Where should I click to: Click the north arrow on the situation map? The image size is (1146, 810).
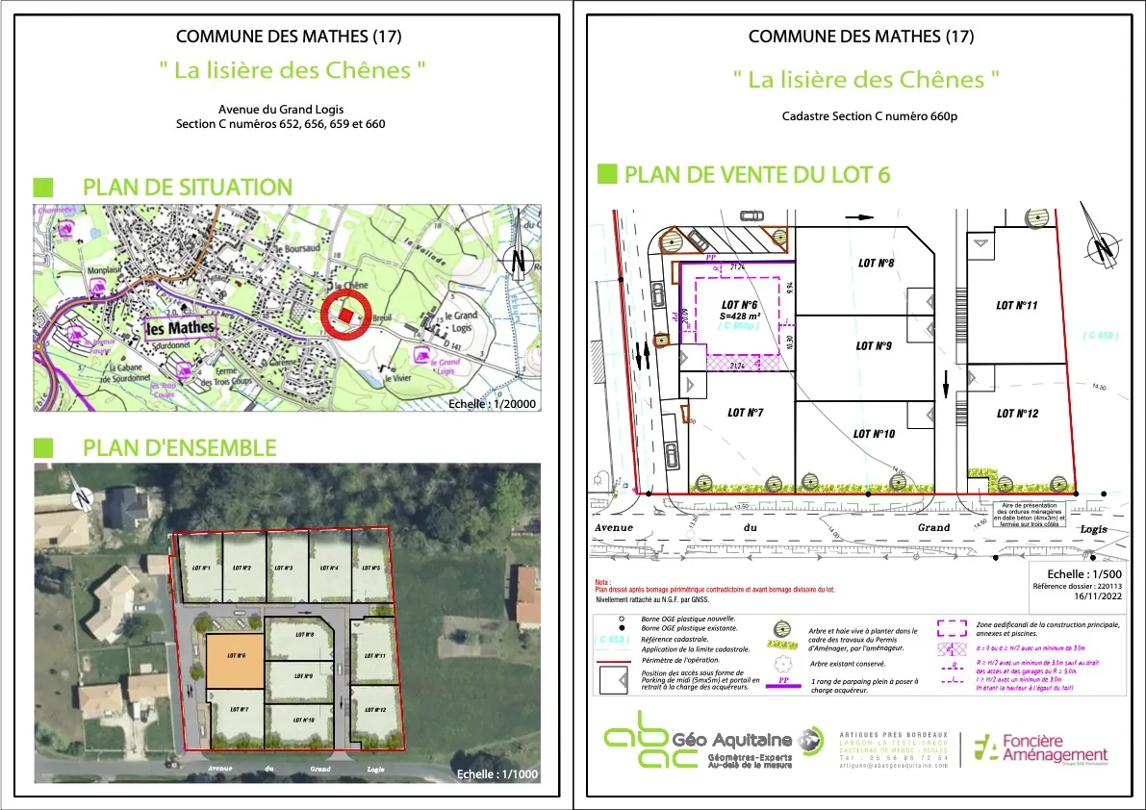519,253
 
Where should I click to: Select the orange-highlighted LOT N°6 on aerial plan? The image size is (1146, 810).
235,661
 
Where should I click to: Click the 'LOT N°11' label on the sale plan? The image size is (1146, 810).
1016,305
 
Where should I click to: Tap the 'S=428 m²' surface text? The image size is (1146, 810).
740,315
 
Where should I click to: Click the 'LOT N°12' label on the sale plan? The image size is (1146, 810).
1017,414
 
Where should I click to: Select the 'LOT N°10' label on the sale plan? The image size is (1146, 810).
874,434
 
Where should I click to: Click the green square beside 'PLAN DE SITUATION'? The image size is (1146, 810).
43,187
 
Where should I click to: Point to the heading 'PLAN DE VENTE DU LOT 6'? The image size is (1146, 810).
757,174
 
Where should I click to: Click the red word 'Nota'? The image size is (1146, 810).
603,582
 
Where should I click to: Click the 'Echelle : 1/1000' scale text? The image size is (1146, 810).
497,773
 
